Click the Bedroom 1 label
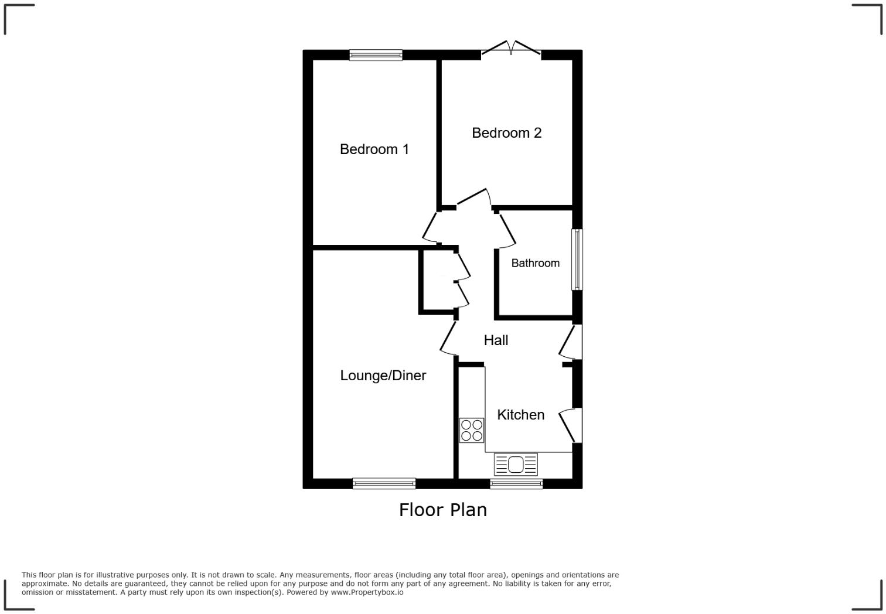coord(374,149)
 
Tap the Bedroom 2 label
coord(506,133)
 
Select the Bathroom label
coord(535,263)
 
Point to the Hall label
coord(496,340)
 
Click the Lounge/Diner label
coord(383,376)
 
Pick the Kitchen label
coord(520,415)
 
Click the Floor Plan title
coord(442,510)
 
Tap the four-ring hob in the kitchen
coord(472,430)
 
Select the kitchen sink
coord(516,465)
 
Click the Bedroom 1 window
coord(376,55)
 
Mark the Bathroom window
coord(577,259)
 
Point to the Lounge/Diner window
coord(384,484)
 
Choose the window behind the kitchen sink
coord(516,484)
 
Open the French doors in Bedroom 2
coord(511,49)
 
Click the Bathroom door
coord(507,228)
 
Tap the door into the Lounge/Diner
coord(448,338)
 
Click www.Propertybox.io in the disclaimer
coord(367,592)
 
